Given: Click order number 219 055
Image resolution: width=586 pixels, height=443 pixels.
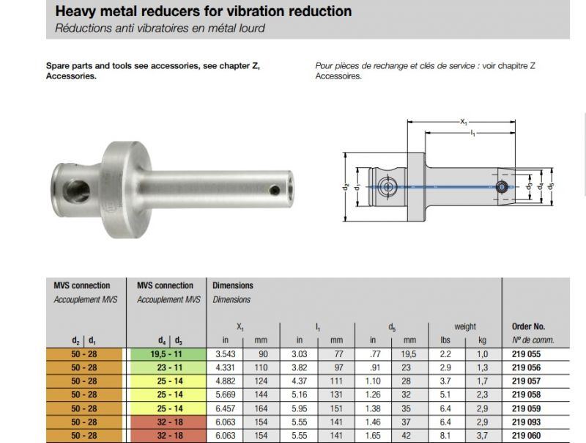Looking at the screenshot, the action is (x=526, y=354).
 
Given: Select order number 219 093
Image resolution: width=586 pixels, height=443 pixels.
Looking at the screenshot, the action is (x=526, y=422).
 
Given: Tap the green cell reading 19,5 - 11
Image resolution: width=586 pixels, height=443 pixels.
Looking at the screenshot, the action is (x=168, y=354).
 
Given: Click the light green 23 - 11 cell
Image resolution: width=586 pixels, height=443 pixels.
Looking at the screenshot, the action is (x=168, y=367).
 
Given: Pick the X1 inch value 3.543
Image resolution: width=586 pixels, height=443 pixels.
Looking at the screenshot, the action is (x=226, y=354).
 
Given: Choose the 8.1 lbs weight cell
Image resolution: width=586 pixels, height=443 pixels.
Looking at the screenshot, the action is (x=445, y=436).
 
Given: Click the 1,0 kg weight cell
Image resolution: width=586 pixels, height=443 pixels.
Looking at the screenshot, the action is (x=483, y=354).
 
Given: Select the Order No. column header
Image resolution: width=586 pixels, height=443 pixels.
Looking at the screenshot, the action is (x=528, y=326).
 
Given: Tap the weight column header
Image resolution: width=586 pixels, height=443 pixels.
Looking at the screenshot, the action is (x=465, y=326).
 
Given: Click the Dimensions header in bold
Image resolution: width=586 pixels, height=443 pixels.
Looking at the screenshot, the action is (x=233, y=285).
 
